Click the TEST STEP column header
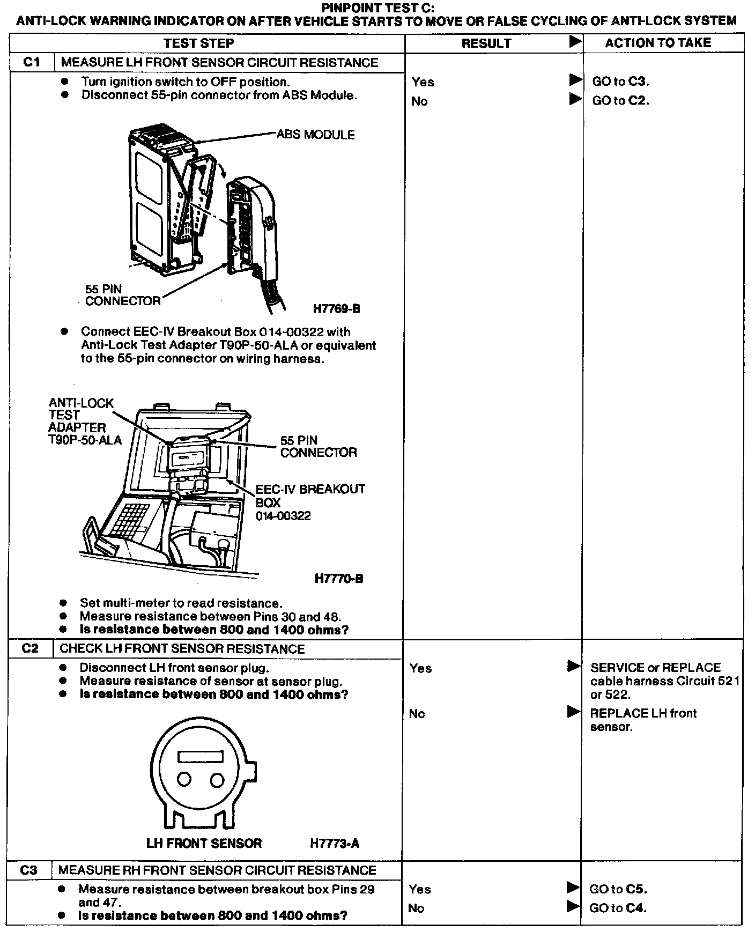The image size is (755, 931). click(x=199, y=43)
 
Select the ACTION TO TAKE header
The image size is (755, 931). click(x=658, y=43)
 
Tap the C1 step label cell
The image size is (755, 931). click(x=32, y=62)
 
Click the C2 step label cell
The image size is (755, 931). click(x=31, y=648)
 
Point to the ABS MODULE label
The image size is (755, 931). click(x=315, y=135)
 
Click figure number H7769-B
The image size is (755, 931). click(x=336, y=309)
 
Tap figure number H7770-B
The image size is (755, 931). click(x=339, y=579)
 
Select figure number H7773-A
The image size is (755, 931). click(x=335, y=844)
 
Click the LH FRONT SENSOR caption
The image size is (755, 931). click(x=204, y=843)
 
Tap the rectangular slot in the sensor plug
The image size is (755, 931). click(x=201, y=756)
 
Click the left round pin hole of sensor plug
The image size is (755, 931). click(x=184, y=779)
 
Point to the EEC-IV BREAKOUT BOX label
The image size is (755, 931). click(x=310, y=502)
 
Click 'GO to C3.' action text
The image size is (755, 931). click(x=620, y=82)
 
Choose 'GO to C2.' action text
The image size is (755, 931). click(x=620, y=101)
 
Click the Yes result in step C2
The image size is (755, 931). click(x=420, y=668)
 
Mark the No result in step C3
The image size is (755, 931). click(x=416, y=908)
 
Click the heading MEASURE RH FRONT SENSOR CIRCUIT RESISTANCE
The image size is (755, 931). click(x=217, y=870)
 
